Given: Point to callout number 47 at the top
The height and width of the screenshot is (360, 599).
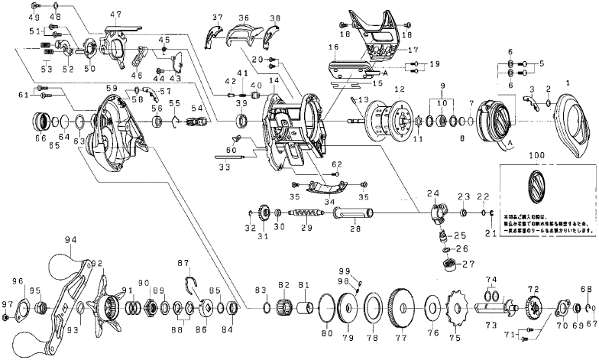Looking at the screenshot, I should (x=115, y=15).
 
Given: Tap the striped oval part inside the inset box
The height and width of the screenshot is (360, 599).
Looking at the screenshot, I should (x=538, y=185).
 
